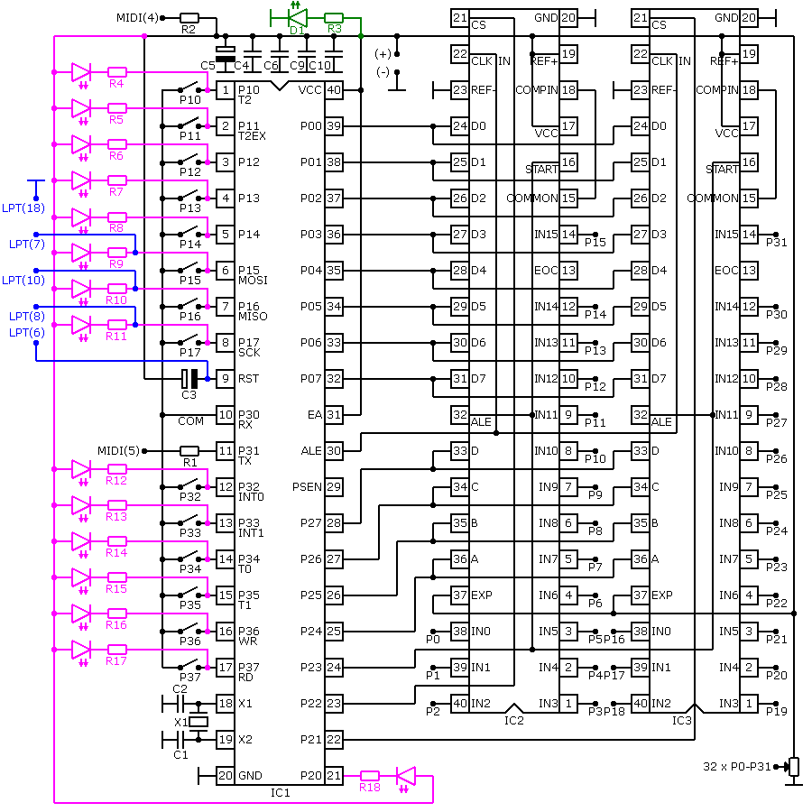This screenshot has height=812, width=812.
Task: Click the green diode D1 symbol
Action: [298, 18]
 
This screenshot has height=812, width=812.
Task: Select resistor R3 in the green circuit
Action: [334, 18]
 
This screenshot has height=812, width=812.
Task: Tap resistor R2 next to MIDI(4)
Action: [189, 18]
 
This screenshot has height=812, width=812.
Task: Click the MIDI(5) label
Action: [118, 450]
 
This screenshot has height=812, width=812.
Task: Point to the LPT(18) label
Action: [23, 208]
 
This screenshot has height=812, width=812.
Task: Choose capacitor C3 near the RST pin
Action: [189, 379]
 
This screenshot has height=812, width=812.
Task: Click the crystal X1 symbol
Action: [198, 722]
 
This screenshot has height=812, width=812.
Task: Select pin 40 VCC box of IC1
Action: [334, 90]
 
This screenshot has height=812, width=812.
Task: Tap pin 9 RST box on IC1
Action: [226, 379]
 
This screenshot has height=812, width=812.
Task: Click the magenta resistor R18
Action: [370, 775]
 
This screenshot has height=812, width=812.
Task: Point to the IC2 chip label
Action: [514, 720]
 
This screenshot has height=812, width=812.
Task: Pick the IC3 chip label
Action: [681, 720]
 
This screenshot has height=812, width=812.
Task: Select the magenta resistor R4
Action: [117, 72]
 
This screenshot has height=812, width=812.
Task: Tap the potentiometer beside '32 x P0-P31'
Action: [794, 767]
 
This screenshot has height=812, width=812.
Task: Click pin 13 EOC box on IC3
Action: [749, 271]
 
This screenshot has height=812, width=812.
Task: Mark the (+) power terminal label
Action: [383, 54]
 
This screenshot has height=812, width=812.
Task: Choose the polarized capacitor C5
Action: [226, 54]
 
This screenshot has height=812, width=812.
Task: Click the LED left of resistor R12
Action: [81, 469]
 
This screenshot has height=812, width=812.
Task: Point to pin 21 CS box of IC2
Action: [460, 18]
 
